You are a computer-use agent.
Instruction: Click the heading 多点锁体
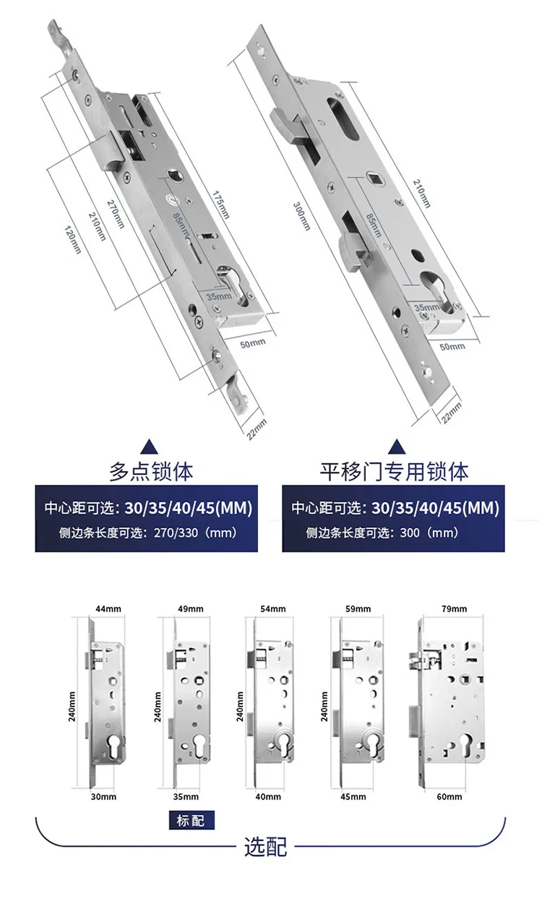click(151, 472)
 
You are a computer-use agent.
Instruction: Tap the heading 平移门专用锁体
click(394, 472)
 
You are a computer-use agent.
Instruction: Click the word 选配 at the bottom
click(266, 845)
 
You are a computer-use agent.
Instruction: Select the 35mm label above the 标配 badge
click(186, 797)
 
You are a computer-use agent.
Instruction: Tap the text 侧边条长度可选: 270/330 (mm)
click(146, 534)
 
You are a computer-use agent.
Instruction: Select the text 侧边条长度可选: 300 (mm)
click(383, 534)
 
